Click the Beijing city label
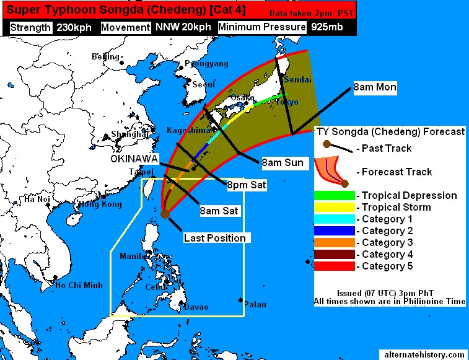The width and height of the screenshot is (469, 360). (x=105, y=57)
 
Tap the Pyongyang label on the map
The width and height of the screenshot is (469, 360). (x=203, y=64)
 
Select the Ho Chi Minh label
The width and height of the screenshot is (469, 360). (x=78, y=286)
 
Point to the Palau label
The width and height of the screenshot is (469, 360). (x=255, y=304)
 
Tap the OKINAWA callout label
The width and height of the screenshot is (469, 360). (x=134, y=158)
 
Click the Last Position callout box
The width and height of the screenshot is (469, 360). (x=214, y=238)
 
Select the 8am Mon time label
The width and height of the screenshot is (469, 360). (x=375, y=87)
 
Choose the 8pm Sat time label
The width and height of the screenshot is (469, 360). (x=247, y=185)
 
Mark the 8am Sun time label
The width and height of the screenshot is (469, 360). (x=283, y=163)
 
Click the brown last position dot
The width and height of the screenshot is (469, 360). (x=165, y=214)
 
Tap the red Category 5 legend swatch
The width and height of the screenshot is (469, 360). (x=335, y=266)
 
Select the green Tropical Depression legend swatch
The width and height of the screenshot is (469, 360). (x=335, y=196)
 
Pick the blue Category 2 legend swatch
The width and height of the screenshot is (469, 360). (x=335, y=231)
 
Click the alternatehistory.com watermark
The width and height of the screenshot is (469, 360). (x=424, y=354)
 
